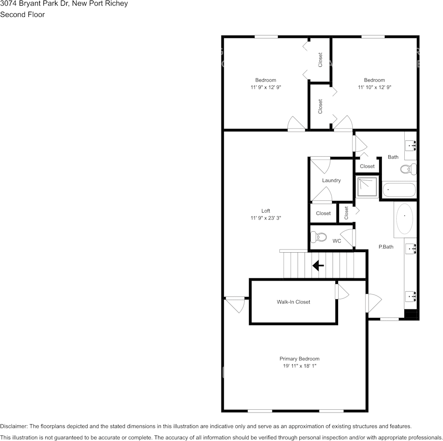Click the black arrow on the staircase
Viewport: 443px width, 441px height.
318,266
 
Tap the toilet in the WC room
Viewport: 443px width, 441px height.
320,237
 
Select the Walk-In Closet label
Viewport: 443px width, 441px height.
293,302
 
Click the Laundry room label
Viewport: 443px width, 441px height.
331,180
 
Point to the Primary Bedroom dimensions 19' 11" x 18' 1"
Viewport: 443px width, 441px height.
299,366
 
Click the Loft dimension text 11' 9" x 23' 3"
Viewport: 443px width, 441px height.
266,218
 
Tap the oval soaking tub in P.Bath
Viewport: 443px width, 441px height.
404,218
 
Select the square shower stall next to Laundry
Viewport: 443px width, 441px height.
367,186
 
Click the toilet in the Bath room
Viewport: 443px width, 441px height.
407,169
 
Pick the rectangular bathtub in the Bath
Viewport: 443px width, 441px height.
399,190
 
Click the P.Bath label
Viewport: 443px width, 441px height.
385,247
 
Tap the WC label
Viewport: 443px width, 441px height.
337,241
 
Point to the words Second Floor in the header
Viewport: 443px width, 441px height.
22,14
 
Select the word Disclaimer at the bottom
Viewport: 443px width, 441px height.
14,426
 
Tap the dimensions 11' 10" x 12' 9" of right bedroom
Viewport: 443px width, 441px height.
374,87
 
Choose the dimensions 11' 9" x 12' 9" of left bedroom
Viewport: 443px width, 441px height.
265,87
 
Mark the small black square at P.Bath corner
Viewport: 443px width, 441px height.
411,315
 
